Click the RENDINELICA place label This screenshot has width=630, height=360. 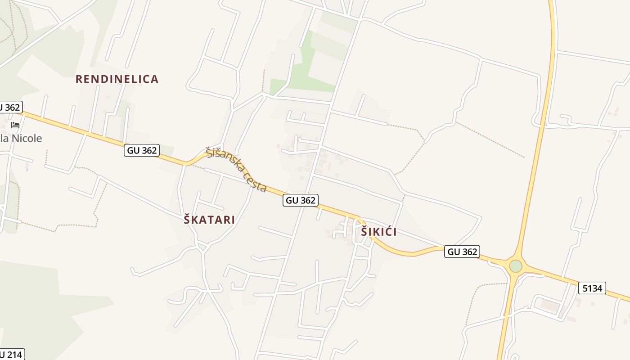[117, 79]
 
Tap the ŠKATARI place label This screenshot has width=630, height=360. [209, 220]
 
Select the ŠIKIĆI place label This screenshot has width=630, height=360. [378, 232]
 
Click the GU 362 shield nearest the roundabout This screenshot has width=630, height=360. [462, 252]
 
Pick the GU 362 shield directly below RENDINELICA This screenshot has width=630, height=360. [142, 150]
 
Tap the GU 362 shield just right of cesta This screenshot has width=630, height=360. [301, 200]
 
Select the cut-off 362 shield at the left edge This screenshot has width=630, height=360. [10, 107]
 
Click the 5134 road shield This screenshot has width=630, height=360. [592, 288]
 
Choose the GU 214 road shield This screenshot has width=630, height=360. [11, 355]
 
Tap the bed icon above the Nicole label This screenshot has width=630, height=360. [15, 125]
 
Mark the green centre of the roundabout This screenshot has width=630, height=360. [516, 266]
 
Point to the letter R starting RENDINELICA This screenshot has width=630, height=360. [79, 79]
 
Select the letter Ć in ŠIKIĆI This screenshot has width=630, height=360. [386, 232]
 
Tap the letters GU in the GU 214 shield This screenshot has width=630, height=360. [2, 355]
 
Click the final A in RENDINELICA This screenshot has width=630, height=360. [155, 79]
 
